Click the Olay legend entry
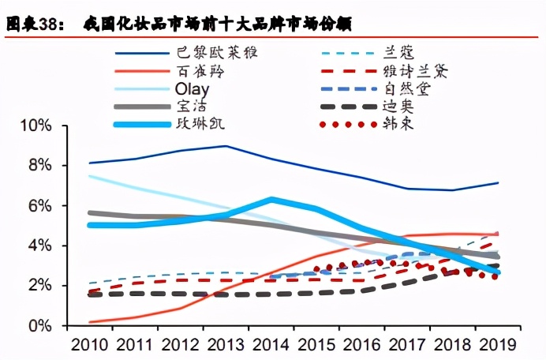click(193, 88)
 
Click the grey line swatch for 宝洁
click(143, 107)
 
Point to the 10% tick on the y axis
click(36, 126)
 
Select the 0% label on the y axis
click(40, 325)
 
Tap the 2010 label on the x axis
click(89, 344)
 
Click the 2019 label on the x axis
click(497, 344)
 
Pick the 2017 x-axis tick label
click(406, 344)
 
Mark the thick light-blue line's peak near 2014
click(271, 200)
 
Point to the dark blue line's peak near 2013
click(226, 146)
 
